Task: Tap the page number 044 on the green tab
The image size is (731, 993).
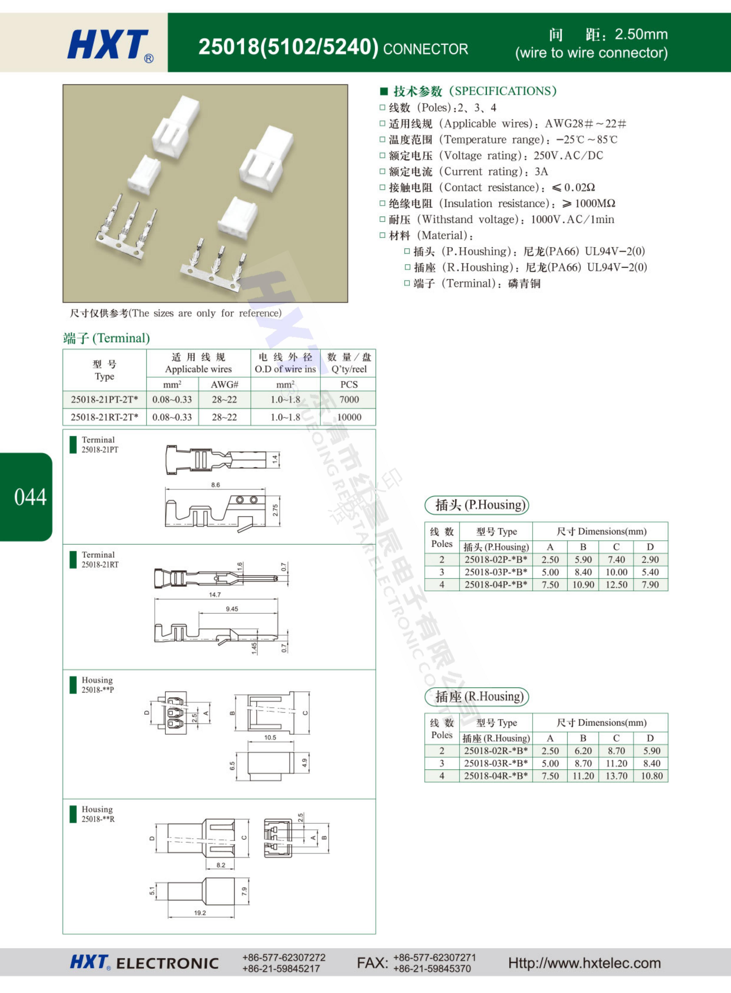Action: pos(30,497)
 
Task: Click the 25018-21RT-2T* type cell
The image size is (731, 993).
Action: pos(104,417)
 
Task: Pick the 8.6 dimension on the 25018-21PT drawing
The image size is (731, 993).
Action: pos(215,485)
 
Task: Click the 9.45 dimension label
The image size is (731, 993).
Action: pos(232,609)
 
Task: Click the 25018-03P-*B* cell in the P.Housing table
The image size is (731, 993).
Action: pos(496,572)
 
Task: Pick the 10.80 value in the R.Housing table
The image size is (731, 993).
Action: pos(651,776)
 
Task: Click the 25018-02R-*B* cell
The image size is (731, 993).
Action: pos(496,751)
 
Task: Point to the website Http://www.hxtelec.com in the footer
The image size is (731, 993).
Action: pos(584,963)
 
